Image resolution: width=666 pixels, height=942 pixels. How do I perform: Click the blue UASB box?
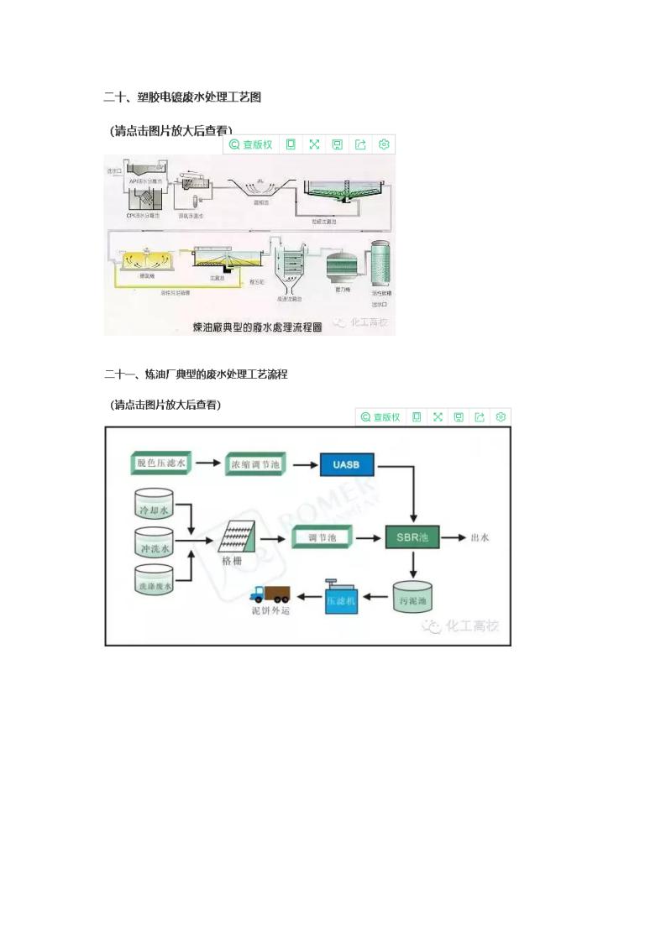(346, 463)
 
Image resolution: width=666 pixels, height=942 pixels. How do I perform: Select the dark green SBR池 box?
(412, 536)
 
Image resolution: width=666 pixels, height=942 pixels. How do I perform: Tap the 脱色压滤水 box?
(163, 463)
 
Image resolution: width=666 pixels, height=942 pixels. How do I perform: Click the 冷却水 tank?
(154, 506)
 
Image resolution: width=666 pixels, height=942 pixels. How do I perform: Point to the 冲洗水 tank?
(154, 547)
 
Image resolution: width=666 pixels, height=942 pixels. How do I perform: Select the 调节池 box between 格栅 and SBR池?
(322, 536)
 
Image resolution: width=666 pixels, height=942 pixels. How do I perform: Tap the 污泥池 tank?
(412, 598)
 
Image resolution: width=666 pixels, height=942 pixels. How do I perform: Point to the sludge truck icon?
(271, 594)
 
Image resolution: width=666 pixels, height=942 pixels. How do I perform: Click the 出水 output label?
(480, 537)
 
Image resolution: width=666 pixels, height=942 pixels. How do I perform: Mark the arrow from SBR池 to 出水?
(453, 537)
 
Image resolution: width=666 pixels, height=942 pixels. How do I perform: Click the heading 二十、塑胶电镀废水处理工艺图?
(182, 97)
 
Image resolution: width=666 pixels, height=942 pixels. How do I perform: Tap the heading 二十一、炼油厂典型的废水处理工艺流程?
(196, 374)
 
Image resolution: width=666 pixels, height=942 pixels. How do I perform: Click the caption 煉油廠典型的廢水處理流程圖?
(257, 327)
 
